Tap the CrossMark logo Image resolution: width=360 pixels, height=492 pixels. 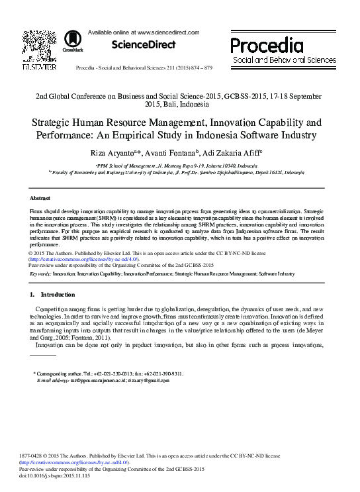pos(69,43)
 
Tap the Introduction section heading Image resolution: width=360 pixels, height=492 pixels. pos(58,294)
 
